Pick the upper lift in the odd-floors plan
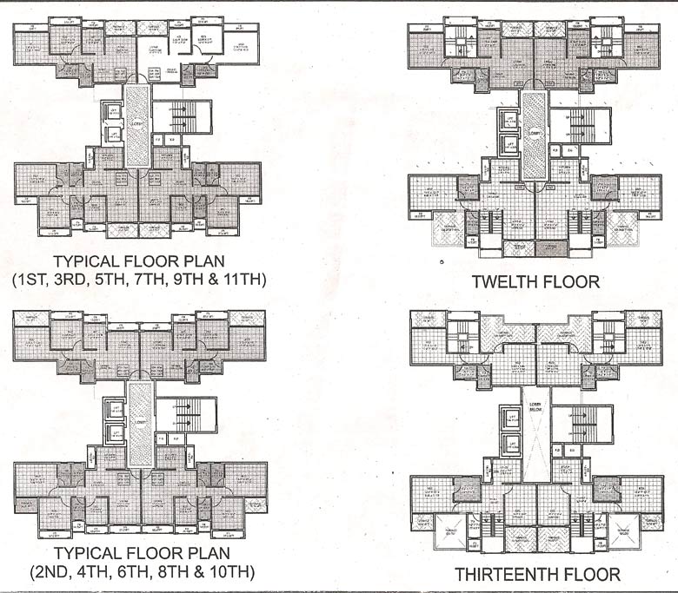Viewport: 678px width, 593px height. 111,112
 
